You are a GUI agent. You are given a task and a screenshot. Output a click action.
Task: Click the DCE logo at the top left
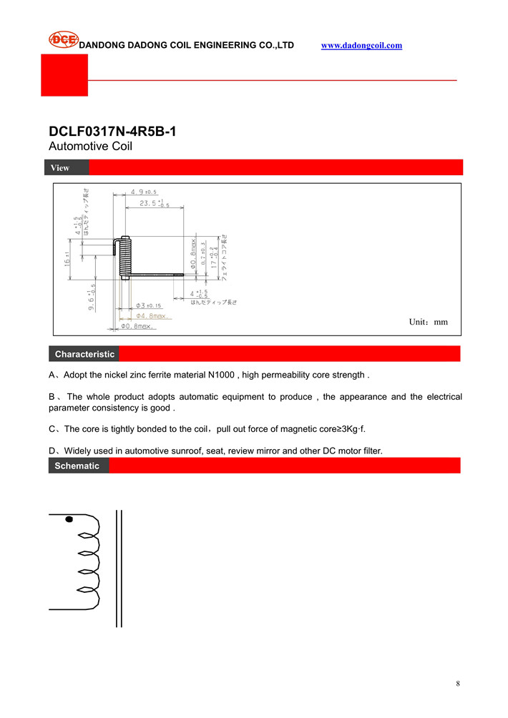coord(63,41)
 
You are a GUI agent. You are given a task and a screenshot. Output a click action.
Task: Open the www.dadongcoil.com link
coord(361,45)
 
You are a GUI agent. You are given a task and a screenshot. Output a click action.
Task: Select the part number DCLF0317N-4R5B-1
coord(112,132)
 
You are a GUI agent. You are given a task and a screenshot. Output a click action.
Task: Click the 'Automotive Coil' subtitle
coord(90,147)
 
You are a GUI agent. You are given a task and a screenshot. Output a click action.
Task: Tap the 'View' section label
coord(60,168)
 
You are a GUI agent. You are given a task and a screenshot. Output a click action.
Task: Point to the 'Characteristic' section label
coord(84,354)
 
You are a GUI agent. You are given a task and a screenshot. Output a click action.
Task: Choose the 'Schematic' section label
coord(77,466)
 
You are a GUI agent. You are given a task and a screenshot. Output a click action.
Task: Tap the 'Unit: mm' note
coord(428,323)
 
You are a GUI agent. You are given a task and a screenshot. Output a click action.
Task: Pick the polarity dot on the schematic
coord(69,519)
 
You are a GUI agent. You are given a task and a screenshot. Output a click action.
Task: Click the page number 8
coord(458,684)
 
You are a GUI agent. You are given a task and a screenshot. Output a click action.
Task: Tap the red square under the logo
coord(64,75)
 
